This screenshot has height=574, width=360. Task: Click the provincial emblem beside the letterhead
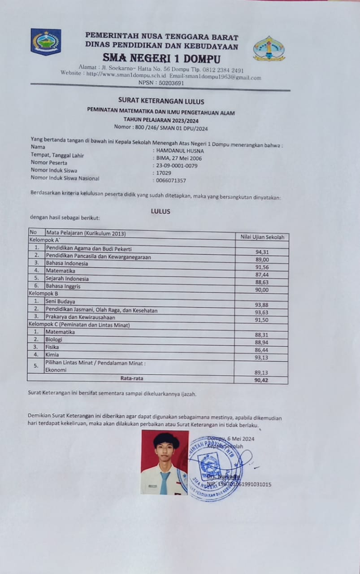[46, 41]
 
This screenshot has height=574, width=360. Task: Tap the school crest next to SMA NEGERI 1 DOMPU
[269, 48]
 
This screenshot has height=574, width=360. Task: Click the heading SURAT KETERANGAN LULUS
[161, 101]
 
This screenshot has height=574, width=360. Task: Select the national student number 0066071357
[171, 181]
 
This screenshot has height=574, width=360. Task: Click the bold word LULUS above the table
[161, 211]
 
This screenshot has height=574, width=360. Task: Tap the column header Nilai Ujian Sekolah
[262, 237]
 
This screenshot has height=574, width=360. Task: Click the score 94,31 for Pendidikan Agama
[262, 252]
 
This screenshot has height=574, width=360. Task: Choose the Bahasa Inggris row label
[61, 286]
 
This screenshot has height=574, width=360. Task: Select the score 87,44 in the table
[262, 274]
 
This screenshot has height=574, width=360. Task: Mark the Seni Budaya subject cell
[61, 301]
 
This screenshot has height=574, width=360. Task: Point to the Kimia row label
[52, 354]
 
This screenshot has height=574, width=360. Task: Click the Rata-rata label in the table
[132, 378]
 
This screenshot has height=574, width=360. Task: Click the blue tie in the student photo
[165, 482]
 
